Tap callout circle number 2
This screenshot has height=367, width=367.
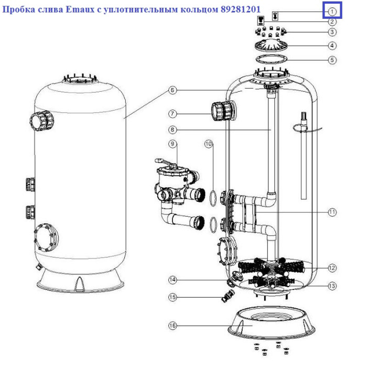(x=332, y=22)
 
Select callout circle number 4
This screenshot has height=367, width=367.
(x=332, y=46)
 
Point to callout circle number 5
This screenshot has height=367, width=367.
(x=332, y=60)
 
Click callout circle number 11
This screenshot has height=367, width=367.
(x=332, y=212)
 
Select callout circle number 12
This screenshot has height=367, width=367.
(x=332, y=268)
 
